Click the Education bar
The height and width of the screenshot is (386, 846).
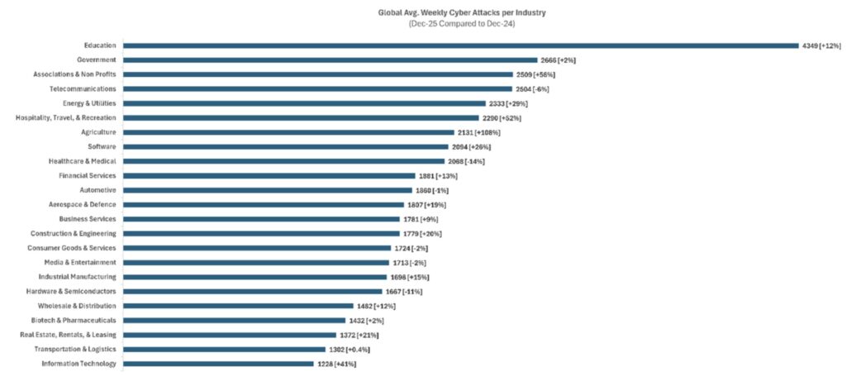[x=460, y=45]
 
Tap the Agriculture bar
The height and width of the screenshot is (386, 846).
[x=288, y=132]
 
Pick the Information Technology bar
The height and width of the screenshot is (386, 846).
[x=218, y=364]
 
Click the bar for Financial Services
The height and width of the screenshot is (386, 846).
[x=269, y=175]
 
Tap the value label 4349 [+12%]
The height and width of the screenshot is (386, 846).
[x=819, y=45]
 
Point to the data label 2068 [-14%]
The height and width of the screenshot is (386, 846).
[x=466, y=161]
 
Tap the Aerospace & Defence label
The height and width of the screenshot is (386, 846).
[x=82, y=204]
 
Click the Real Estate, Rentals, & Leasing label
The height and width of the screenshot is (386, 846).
[x=68, y=335]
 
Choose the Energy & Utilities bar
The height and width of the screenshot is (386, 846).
[x=304, y=103]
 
